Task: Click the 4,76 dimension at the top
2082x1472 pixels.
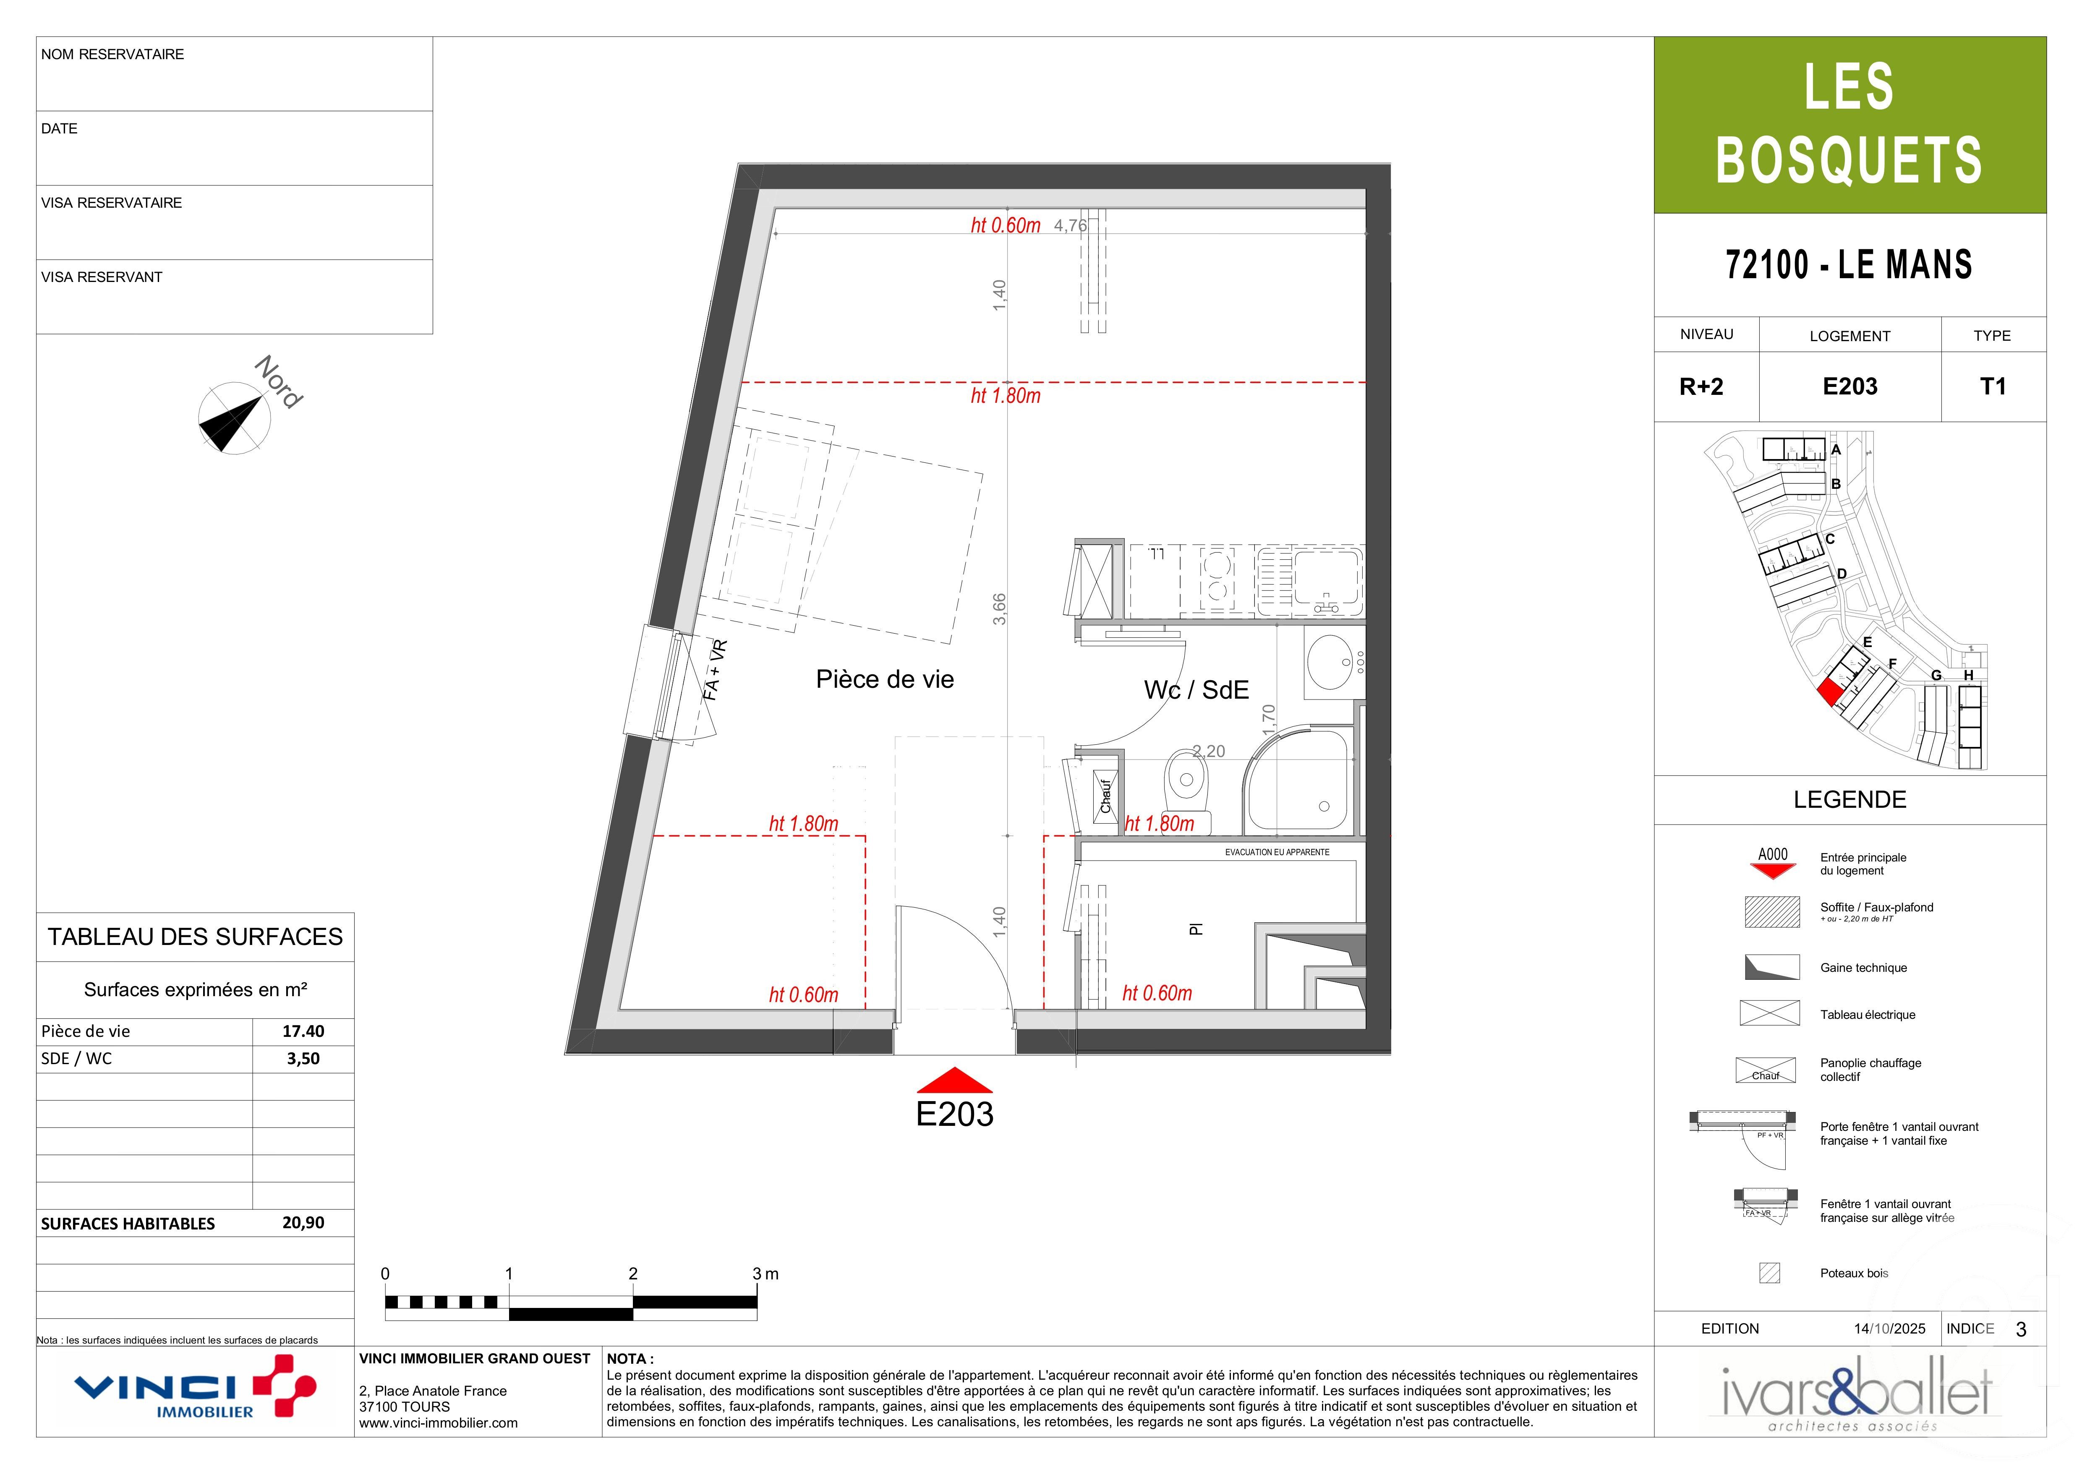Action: (1070, 225)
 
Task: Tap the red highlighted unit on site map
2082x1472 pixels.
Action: (1830, 692)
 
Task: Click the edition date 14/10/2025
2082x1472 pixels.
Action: (1889, 1329)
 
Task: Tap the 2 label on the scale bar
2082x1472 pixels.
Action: (633, 1274)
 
